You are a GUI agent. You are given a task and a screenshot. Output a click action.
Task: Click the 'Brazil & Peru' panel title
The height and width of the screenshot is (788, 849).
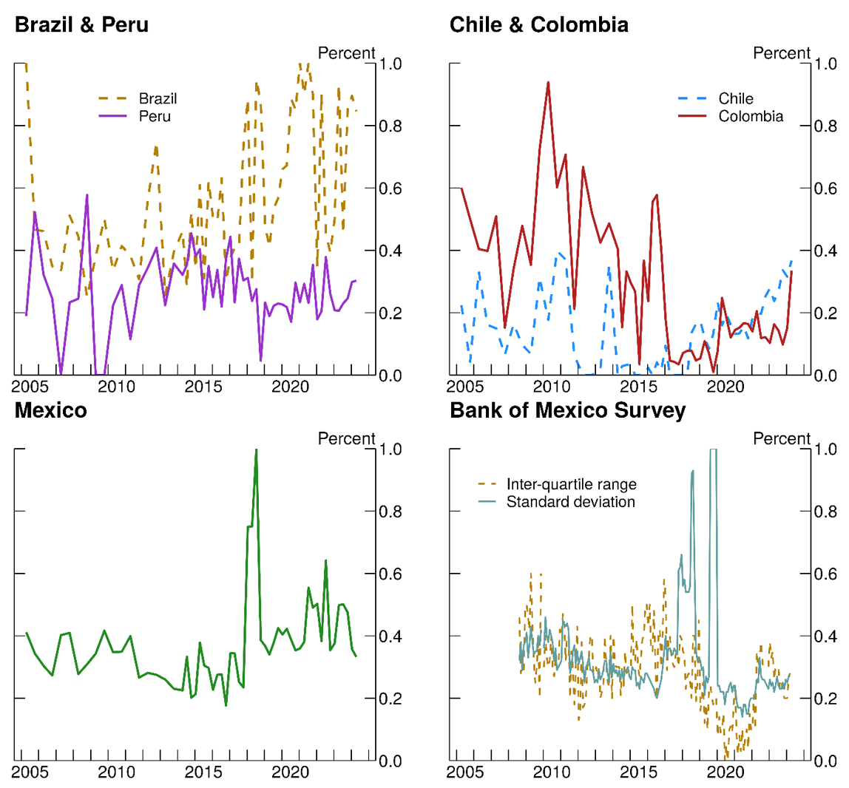pyautogui.click(x=81, y=25)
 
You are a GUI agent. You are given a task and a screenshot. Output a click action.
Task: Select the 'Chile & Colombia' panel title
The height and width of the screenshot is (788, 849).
pyautogui.click(x=539, y=25)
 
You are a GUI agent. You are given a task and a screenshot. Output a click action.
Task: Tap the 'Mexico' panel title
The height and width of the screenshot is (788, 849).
pyautogui.click(x=50, y=410)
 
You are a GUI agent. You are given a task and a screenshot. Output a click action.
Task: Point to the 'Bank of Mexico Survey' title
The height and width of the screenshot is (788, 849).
pyautogui.click(x=567, y=410)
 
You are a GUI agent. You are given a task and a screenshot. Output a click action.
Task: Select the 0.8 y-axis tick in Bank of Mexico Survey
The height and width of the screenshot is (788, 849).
pyautogui.click(x=828, y=512)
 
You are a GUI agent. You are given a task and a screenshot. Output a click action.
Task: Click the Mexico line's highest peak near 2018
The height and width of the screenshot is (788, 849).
pyautogui.click(x=256, y=449)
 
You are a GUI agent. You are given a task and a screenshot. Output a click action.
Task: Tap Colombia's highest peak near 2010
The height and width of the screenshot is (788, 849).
pyautogui.click(x=548, y=82)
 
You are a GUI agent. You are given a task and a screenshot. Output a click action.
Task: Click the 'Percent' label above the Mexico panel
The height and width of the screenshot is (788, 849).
pyautogui.click(x=346, y=438)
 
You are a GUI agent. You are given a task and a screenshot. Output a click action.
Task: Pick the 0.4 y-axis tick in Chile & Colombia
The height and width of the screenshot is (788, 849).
pyautogui.click(x=828, y=251)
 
